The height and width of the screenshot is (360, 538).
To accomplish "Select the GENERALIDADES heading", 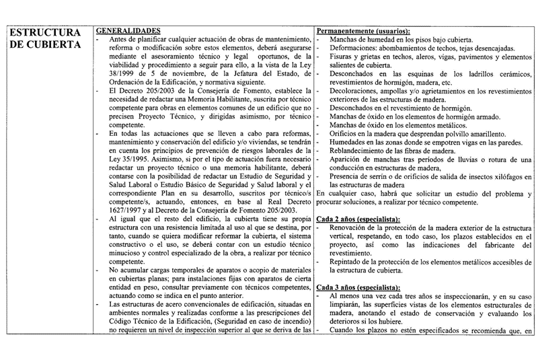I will (x=127, y=31).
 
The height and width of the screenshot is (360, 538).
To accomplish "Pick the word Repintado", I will (x=349, y=263).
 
